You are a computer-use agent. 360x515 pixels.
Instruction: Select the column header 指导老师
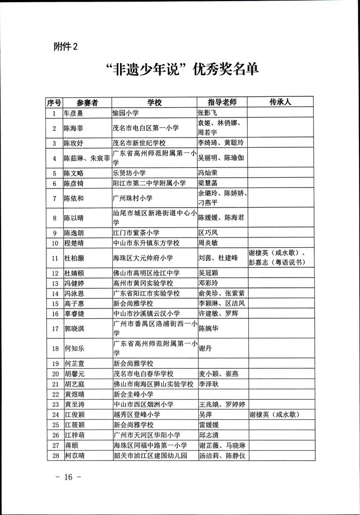click(x=221, y=102)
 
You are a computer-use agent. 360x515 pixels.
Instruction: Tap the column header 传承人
click(x=280, y=101)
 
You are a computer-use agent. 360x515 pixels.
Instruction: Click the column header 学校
click(x=154, y=102)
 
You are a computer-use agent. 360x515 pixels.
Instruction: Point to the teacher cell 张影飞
click(x=211, y=112)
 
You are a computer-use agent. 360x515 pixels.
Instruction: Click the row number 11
click(x=54, y=257)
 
